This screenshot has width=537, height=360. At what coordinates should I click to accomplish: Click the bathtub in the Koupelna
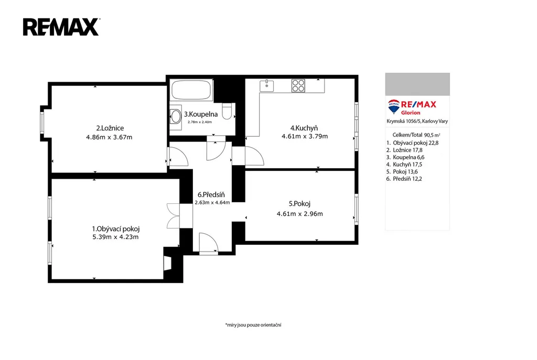click(191, 90)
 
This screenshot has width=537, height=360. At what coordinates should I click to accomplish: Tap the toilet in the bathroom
click(228, 111)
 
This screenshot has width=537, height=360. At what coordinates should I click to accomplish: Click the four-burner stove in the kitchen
click(298, 85)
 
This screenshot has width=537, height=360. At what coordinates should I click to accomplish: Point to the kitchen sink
click(266, 85)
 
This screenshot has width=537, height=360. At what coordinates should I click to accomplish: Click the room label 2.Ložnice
click(110, 128)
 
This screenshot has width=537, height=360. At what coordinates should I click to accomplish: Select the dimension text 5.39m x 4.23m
click(115, 237)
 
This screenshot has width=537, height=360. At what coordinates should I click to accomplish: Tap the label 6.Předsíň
click(211, 195)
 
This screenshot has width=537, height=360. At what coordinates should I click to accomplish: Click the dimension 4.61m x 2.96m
click(299, 214)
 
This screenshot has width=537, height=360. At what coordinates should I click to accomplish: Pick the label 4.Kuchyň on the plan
click(304, 128)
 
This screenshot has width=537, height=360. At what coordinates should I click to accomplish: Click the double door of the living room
click(173, 216)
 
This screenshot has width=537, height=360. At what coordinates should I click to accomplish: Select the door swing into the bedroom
click(178, 157)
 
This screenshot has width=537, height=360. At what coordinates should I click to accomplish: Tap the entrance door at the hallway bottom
click(209, 243)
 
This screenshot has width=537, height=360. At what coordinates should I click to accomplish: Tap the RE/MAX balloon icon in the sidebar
click(393, 106)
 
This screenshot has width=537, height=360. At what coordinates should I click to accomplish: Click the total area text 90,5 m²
click(432, 135)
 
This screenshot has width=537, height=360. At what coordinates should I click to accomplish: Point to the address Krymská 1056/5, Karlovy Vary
click(417, 121)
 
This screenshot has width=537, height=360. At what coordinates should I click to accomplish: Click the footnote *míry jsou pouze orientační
click(253, 325)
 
